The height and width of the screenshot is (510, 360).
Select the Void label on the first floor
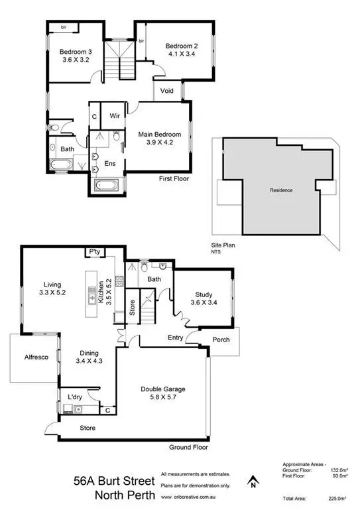(x=166, y=91)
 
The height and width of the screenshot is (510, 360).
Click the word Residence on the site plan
(x=280, y=190)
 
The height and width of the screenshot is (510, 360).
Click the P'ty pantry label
(x=95, y=252)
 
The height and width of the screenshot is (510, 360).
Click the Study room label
(x=203, y=295)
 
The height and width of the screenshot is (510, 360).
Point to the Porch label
(x=221, y=340)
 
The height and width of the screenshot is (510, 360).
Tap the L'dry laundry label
(x=74, y=398)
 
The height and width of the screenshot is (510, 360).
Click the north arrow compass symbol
(x=251, y=482)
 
